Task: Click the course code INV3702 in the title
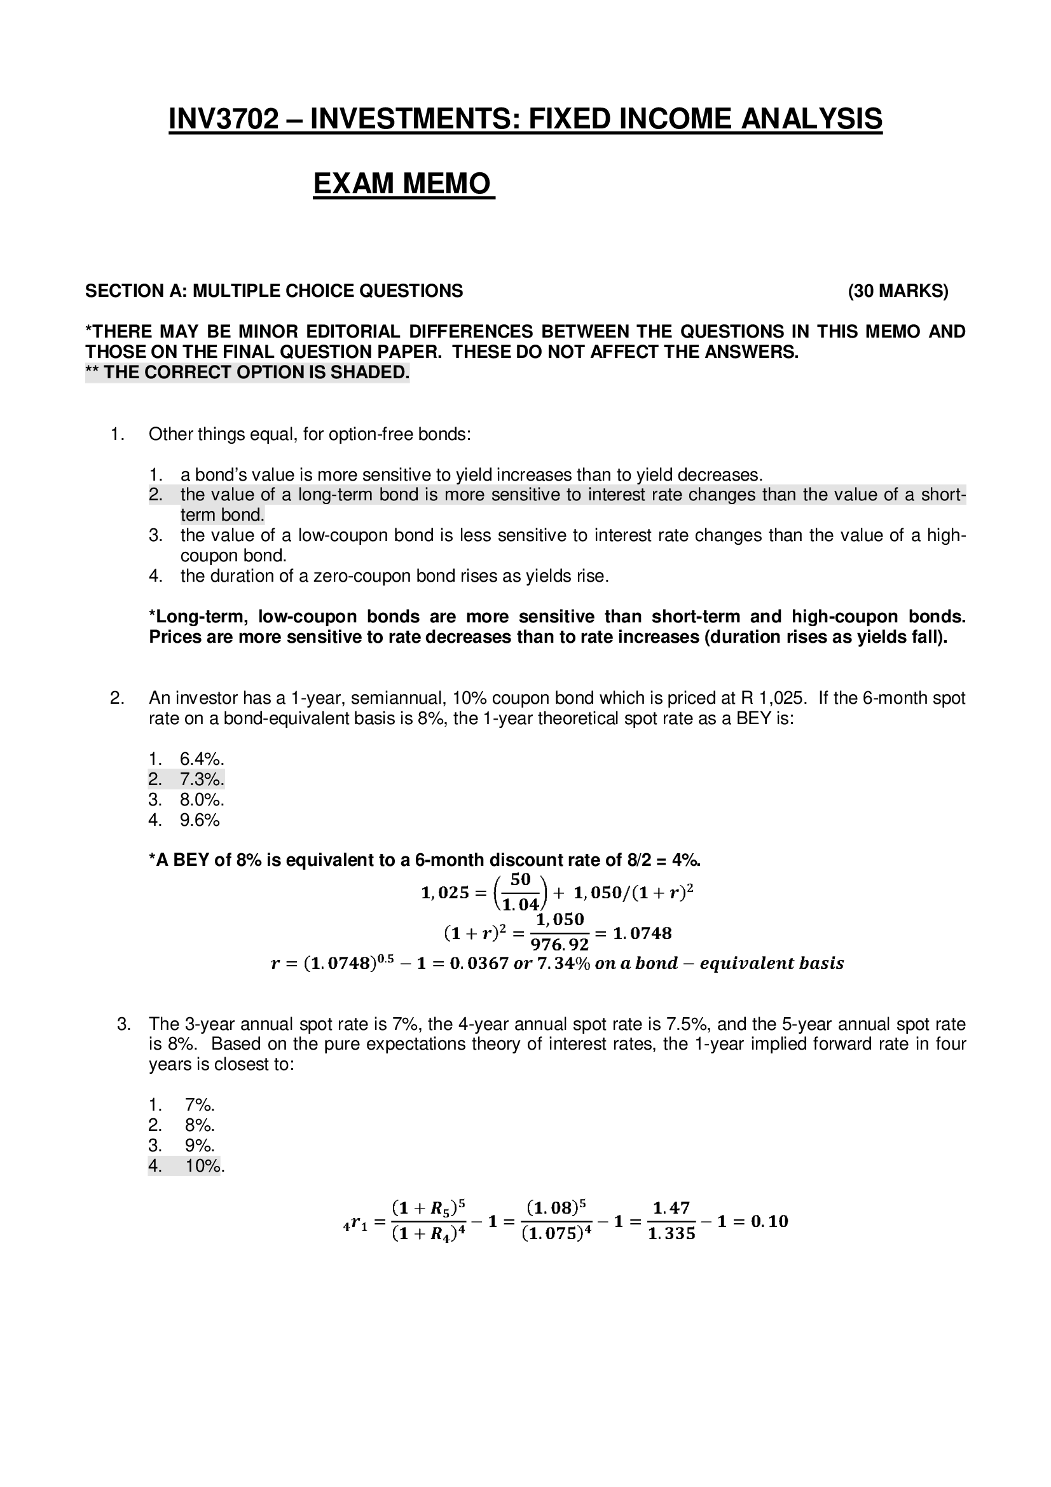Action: click(223, 119)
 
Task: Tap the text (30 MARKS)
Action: click(898, 291)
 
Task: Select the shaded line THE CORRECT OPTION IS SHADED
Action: click(247, 373)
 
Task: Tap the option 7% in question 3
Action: click(200, 1104)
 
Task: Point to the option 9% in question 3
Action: click(200, 1145)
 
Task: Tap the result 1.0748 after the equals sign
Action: click(642, 933)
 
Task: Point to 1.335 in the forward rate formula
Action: click(671, 1234)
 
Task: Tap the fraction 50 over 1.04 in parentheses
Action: click(521, 892)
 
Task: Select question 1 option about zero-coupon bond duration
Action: click(394, 576)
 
